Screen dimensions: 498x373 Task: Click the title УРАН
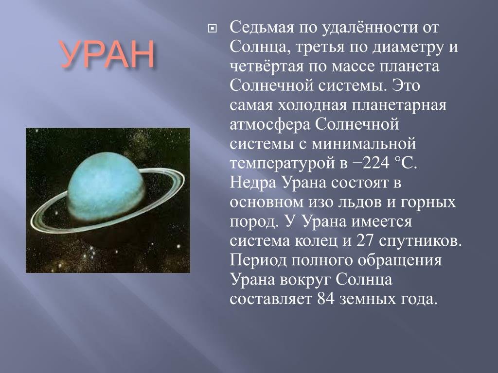[107, 54]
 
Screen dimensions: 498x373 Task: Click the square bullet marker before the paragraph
[212, 29]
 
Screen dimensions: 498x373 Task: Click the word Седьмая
[262, 28]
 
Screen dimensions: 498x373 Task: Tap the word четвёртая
[267, 67]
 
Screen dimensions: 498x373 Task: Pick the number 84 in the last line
[326, 299]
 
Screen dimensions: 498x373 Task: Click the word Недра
[253, 183]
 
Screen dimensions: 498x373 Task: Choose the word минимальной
[364, 144]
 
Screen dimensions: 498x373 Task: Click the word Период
[258, 260]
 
